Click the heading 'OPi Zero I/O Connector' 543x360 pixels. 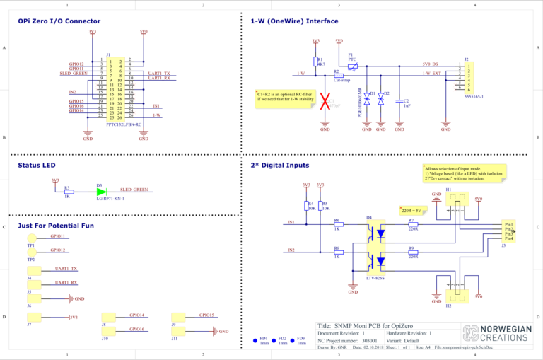pyautogui.click(x=59, y=21)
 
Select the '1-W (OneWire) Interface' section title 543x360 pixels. pyautogui.click(x=294, y=21)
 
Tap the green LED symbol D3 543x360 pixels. pyautogui.click(x=101, y=192)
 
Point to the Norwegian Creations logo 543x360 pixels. pyautogui.click(x=496, y=334)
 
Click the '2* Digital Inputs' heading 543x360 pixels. pyautogui.click(x=280, y=166)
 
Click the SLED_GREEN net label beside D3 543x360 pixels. pyautogui.click(x=134, y=190)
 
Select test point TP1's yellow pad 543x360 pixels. pyautogui.click(x=31, y=239)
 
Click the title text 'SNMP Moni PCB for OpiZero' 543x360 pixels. pyautogui.click(x=368, y=325)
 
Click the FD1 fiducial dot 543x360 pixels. pyautogui.click(x=254, y=341)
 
